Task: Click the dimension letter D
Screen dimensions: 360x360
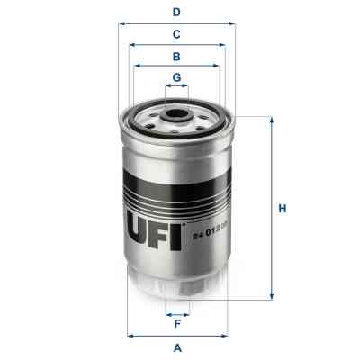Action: coord(177,13)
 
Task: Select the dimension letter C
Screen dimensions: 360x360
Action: coord(177,34)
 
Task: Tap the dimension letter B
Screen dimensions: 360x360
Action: coord(177,56)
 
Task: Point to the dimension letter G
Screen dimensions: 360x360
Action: coord(177,77)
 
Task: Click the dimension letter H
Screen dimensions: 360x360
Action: coord(282,209)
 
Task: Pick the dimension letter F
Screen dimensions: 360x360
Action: coord(177,325)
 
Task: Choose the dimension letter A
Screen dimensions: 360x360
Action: coord(177,347)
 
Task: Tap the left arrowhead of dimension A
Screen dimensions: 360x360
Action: coord(130,336)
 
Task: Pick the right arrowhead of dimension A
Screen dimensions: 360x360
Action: coord(226,336)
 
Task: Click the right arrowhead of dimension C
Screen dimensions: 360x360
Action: coord(225,44)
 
